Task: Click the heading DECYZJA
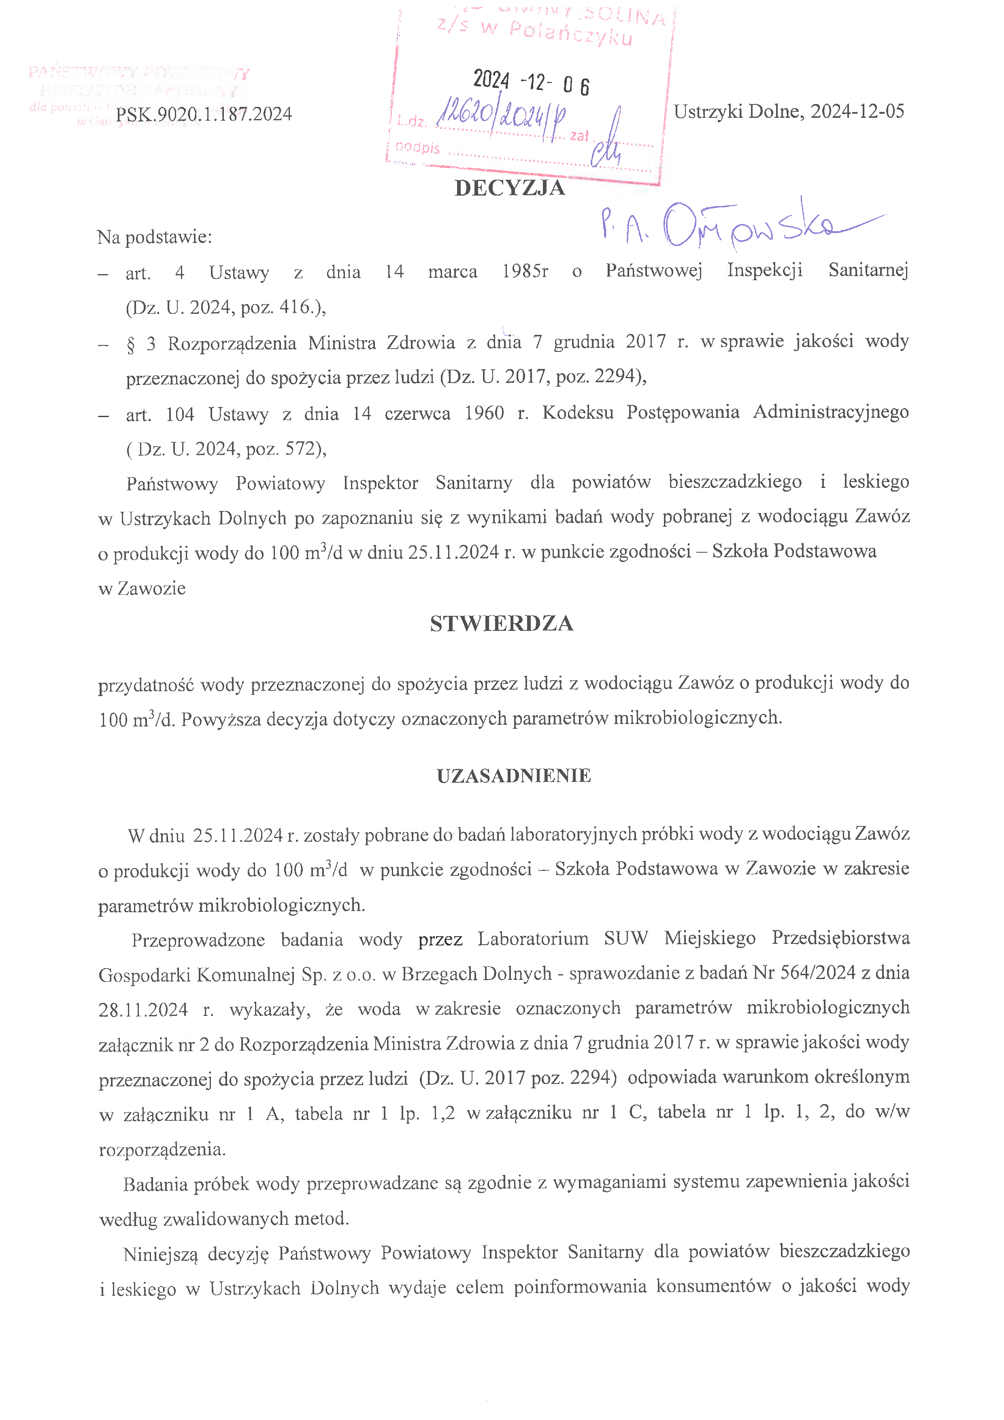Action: coord(509,188)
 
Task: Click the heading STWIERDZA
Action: coord(501,624)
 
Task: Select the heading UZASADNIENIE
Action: coord(514,775)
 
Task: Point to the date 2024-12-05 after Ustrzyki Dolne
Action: coord(857,111)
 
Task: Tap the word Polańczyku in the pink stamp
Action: coord(571,34)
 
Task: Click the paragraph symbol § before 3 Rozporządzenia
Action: coord(130,344)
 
